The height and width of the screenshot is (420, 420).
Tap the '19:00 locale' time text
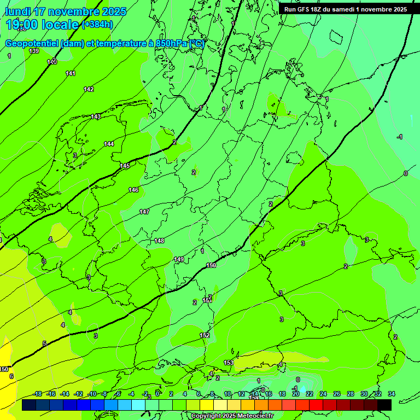pyautogui.click(x=42, y=25)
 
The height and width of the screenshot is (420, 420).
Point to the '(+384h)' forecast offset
pyautogui.click(x=97, y=25)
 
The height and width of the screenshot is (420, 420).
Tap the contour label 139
pyautogui.click(x=34, y=51)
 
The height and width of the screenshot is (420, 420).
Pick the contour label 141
pyautogui.click(x=71, y=73)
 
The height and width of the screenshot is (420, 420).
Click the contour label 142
pyautogui.click(x=89, y=89)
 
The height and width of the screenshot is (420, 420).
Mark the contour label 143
pyautogui.click(x=96, y=116)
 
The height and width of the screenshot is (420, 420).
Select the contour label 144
pyautogui.click(x=109, y=144)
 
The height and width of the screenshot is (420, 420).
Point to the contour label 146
pyautogui.click(x=133, y=190)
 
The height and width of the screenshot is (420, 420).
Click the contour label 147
pyautogui.click(x=144, y=212)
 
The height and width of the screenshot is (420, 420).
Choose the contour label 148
pyautogui.click(x=159, y=241)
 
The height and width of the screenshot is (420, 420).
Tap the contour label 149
pyautogui.click(x=179, y=259)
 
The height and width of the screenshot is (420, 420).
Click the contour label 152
pyautogui.click(x=205, y=335)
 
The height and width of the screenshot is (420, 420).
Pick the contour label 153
pyautogui.click(x=229, y=363)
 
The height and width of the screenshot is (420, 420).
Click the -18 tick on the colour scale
pyautogui.click(x=38, y=394)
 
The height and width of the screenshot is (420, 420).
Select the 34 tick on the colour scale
pyautogui.click(x=392, y=394)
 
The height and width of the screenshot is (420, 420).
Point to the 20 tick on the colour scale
pyautogui.click(x=295, y=394)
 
